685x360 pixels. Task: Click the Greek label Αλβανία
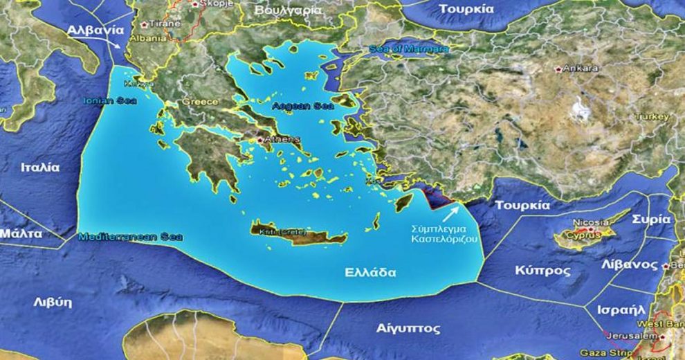tap(96, 30)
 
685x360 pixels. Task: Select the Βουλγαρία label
tap(289, 11)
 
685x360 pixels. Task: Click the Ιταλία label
tap(40, 168)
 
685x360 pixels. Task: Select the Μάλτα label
tap(21, 233)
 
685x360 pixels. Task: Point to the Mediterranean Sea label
tap(131, 237)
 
